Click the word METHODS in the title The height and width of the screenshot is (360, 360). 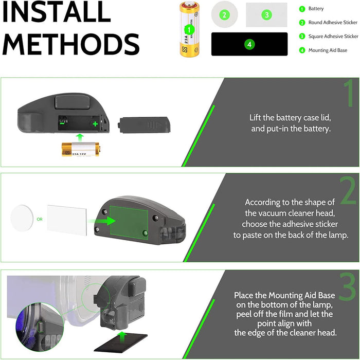(x=71, y=44)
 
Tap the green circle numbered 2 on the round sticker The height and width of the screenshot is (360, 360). (x=224, y=15)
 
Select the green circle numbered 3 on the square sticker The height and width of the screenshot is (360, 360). (x=266, y=15)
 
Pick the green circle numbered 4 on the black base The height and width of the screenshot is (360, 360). (x=249, y=44)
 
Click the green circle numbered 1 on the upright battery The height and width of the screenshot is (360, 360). (x=189, y=29)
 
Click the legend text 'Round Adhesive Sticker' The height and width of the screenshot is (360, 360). (x=333, y=23)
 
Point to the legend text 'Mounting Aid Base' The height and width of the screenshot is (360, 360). (x=328, y=50)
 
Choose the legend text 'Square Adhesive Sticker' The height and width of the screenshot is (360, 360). (x=333, y=37)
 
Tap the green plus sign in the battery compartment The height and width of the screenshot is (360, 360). (x=95, y=124)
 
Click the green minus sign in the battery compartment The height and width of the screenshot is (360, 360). (x=62, y=123)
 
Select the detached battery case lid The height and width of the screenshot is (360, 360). (x=144, y=124)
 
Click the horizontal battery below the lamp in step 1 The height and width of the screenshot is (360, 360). (x=81, y=149)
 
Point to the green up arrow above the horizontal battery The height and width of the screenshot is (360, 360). (x=80, y=137)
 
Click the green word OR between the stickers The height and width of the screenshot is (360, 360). (x=40, y=219)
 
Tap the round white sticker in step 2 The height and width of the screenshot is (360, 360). (x=22, y=218)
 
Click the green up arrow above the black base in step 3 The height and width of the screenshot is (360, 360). (x=123, y=336)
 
